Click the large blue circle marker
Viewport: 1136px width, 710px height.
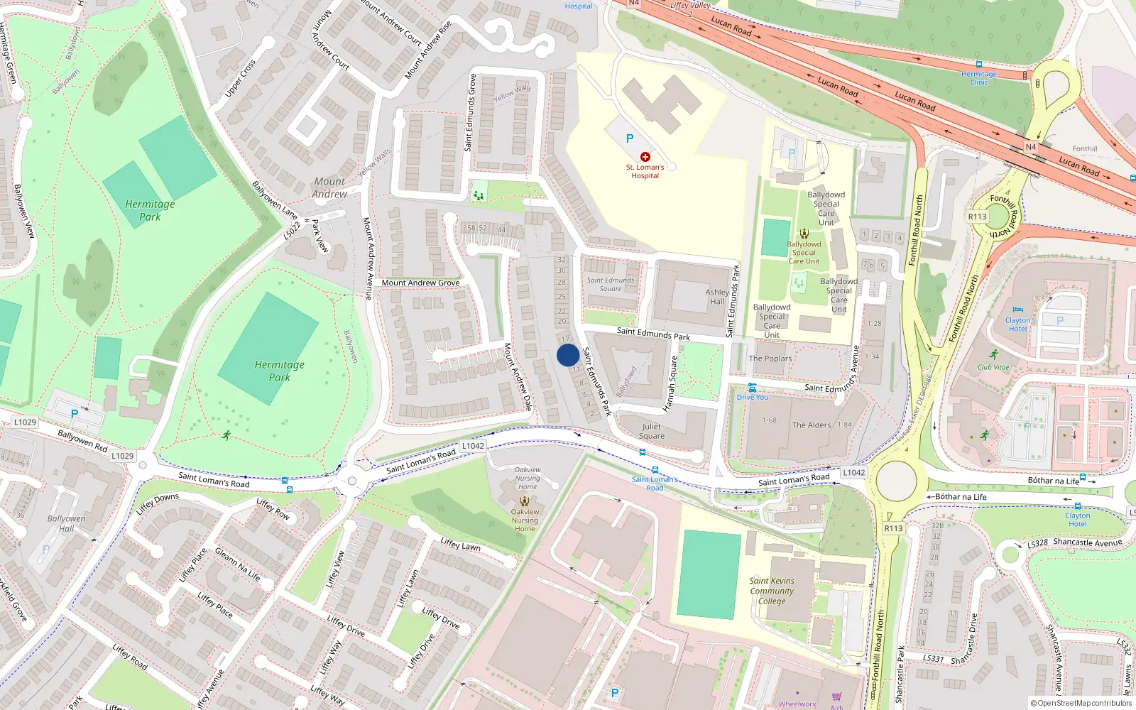[568, 355]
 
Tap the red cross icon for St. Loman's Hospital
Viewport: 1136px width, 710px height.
[645, 157]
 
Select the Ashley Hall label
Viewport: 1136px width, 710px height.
[717, 297]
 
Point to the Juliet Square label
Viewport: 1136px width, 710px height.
[652, 432]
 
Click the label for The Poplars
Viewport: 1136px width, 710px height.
[770, 359]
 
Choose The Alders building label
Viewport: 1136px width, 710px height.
[811, 425]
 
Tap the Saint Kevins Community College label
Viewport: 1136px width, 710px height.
[772, 591]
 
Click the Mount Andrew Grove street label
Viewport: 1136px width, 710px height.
[420, 283]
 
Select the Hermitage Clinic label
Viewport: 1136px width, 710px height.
[979, 78]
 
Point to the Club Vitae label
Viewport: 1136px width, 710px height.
[993, 368]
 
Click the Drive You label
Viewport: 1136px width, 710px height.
[752, 398]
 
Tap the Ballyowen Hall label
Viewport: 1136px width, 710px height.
[66, 523]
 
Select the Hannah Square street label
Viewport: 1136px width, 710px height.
[670, 383]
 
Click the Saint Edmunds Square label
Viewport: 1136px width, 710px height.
[611, 284]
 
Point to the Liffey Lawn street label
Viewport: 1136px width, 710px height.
[460, 545]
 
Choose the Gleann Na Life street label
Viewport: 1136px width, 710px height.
[237, 564]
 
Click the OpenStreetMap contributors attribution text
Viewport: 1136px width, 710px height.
[1081, 704]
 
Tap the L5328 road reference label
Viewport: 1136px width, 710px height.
[1037, 544]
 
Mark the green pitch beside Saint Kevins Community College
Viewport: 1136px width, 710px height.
[708, 574]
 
